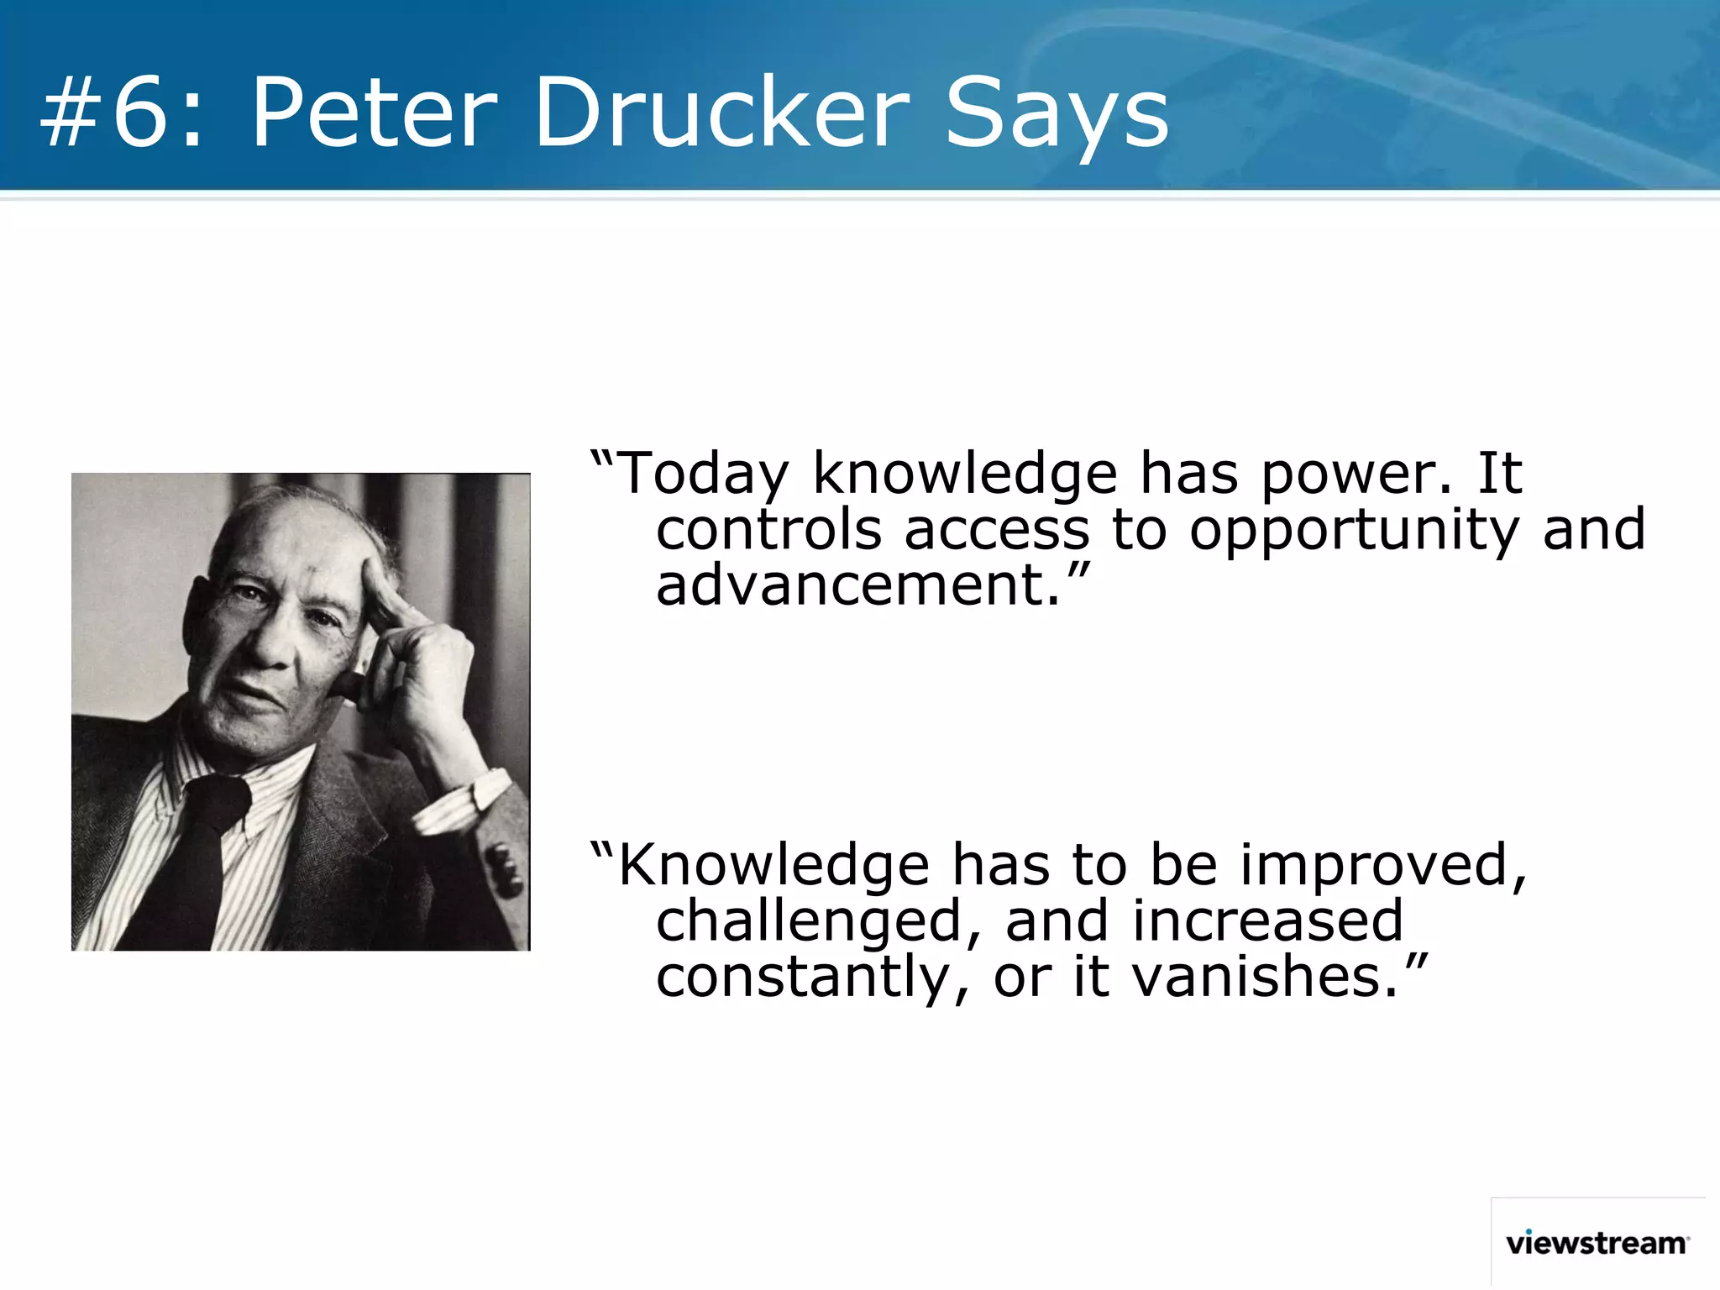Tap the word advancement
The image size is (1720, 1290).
click(857, 585)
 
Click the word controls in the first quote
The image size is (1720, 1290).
click(768, 531)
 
